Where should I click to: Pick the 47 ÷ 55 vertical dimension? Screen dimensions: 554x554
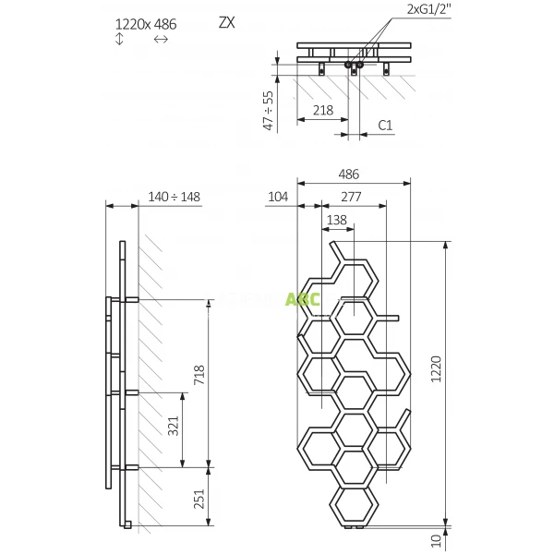click(x=269, y=110)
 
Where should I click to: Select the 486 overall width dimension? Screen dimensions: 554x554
click(x=348, y=174)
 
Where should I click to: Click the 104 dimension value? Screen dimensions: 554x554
click(x=278, y=196)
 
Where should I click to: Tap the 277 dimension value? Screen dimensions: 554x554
click(x=350, y=196)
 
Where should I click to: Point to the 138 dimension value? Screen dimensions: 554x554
click(x=337, y=219)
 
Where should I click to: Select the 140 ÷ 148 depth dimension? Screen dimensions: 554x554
click(x=175, y=196)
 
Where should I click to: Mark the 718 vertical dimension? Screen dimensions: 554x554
click(x=199, y=375)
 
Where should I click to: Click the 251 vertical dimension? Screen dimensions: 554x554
click(x=199, y=500)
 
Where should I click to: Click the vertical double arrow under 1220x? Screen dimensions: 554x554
click(x=120, y=40)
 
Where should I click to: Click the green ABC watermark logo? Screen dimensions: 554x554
click(x=302, y=299)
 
